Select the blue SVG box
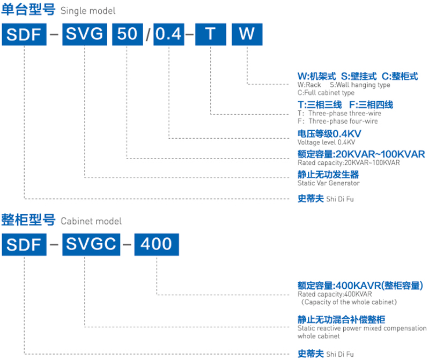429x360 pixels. point(84,35)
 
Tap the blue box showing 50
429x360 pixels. point(127,35)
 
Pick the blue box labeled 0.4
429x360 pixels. point(168,35)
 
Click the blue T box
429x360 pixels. point(210,35)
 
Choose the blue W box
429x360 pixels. point(247,35)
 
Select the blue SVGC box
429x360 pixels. point(91,244)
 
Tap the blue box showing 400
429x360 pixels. point(156,244)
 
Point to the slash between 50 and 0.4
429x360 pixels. point(147,36)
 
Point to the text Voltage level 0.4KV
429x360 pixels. point(326,142)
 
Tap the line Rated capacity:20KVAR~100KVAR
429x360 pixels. point(349,162)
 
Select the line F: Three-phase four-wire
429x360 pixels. point(337,122)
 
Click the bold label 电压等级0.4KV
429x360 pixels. point(329,134)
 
